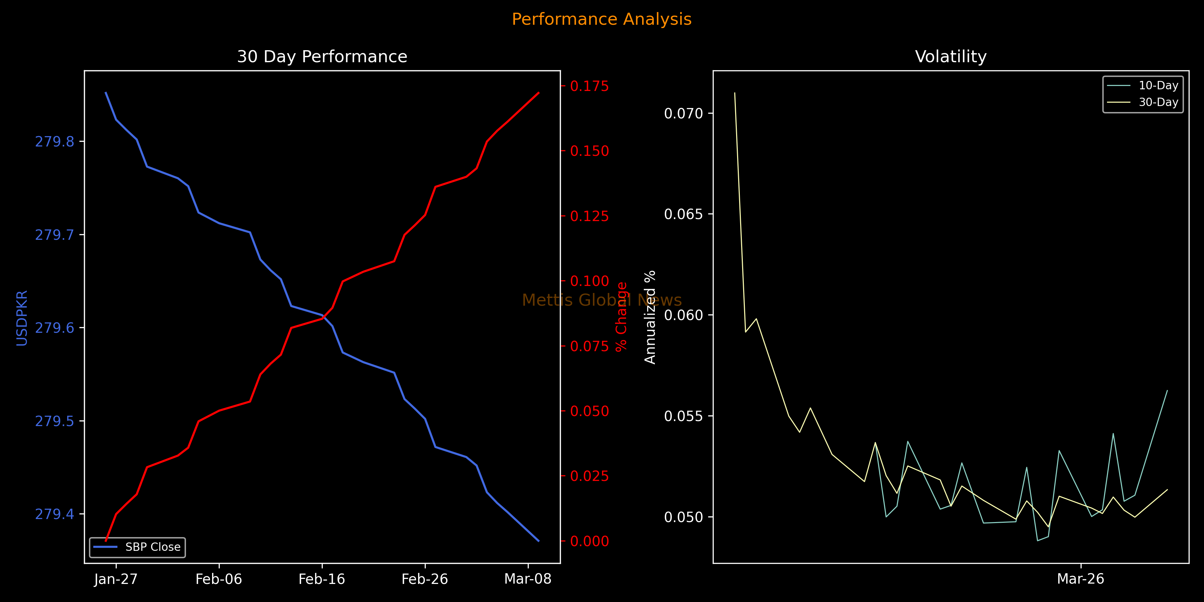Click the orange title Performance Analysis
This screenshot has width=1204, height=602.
pyautogui.click(x=602, y=19)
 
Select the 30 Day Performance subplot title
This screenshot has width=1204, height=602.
pyautogui.click(x=322, y=57)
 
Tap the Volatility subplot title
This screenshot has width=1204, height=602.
pyautogui.click(x=951, y=57)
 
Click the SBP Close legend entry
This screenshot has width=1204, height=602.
pyautogui.click(x=153, y=547)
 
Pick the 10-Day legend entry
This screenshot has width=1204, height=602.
pyautogui.click(x=1158, y=86)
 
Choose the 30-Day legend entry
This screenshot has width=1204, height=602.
pyautogui.click(x=1158, y=102)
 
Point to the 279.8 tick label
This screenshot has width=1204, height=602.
pyautogui.click(x=55, y=141)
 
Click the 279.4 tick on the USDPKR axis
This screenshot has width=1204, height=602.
pyautogui.click(x=55, y=514)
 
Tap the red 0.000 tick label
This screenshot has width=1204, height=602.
pyautogui.click(x=589, y=541)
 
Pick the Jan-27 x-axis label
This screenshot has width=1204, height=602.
pyautogui.click(x=116, y=580)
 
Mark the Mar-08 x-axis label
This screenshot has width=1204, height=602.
pyautogui.click(x=528, y=580)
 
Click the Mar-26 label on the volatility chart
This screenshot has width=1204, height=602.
pyautogui.click(x=1081, y=580)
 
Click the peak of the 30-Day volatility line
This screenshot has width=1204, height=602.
pyautogui.click(x=735, y=93)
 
